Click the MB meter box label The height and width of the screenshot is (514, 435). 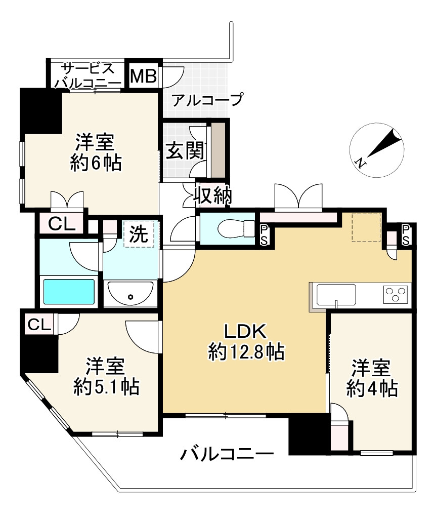tap(144, 76)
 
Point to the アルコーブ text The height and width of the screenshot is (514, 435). tap(207, 99)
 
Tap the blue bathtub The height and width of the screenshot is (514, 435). tap(69, 292)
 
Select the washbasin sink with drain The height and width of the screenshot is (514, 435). tap(131, 293)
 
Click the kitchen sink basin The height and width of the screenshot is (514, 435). tap(335, 293)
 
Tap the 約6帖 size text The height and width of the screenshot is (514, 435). tap(96, 163)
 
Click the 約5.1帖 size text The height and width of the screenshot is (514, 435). tap(106, 387)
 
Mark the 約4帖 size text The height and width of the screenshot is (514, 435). tap(372, 388)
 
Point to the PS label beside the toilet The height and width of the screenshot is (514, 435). tap(265, 235)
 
